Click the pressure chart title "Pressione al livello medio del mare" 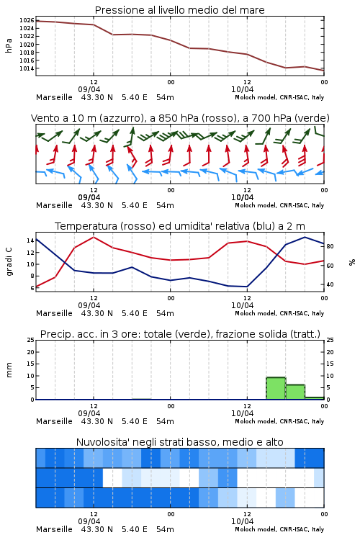pos(179,10)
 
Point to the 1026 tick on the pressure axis pos(27,20)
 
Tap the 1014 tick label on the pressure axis pos(27,68)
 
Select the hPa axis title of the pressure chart pos(9,45)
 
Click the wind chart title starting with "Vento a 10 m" pos(180,118)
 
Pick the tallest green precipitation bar pos(276,389)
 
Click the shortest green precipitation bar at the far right pos(315,398)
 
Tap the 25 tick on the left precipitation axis pos(31,340)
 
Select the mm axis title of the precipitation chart pos(9,370)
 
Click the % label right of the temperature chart pos(352,262)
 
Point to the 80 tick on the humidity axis pos(330,246)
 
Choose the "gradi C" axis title pos(9,262)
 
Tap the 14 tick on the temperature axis pos(30,240)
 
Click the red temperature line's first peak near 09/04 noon pos(94,237)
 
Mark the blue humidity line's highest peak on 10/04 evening pos(305,237)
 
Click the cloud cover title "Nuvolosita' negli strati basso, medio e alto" pos(179,442)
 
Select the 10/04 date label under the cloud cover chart pos(242,521)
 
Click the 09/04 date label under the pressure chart pos(89,89)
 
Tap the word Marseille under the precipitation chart pos(54,421)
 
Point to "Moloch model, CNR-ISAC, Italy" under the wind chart pos(279,205)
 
